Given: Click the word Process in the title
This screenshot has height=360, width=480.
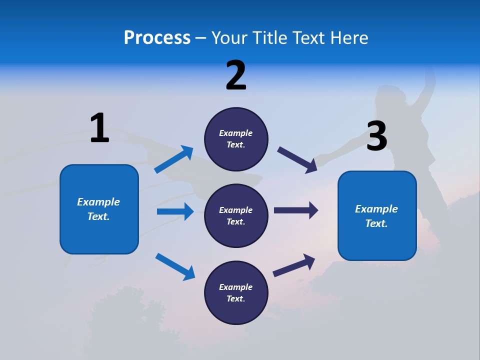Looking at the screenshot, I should pos(157,38).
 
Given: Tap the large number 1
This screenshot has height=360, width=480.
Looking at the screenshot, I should pos(99,128).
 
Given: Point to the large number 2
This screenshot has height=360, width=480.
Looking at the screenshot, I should pos(236,75).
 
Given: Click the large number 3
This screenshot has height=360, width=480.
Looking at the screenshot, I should pos(376,136).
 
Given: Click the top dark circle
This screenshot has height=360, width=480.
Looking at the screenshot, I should pos(236,139).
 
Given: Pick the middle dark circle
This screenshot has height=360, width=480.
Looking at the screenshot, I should pos(236,216).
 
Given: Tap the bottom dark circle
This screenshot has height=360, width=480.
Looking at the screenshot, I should pos(236,293).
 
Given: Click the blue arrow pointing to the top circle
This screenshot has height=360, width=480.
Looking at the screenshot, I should pos(174,159).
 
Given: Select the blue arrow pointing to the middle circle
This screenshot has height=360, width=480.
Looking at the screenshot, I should pos(175,211).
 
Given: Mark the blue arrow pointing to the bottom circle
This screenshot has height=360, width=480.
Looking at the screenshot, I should pos(175,266).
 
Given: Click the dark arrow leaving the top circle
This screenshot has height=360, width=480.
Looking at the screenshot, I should pos(297,159).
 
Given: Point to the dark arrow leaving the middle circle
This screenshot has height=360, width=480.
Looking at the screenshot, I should pos(296,210).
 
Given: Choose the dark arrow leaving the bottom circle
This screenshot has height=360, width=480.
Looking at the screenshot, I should pos(294,265).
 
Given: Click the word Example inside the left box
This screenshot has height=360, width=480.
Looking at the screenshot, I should pos(98,202).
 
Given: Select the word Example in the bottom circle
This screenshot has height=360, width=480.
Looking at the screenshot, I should pos(235,287).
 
